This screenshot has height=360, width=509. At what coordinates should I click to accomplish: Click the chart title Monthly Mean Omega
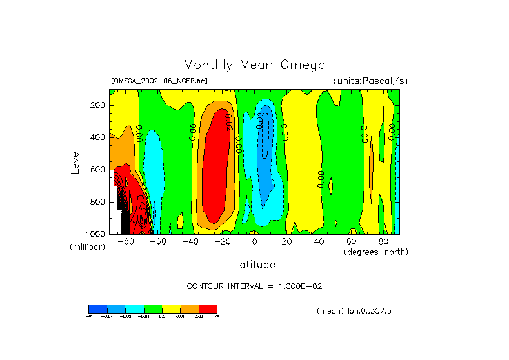[x=254, y=65]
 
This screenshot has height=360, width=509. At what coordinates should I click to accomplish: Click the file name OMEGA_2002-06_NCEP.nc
[x=159, y=81]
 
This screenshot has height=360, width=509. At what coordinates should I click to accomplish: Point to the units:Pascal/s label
[x=370, y=81]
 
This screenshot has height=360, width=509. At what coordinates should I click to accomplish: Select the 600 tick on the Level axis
[x=98, y=170]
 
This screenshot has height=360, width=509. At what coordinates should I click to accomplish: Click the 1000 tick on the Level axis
[x=96, y=234]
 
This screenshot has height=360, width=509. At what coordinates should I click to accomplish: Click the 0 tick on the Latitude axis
[x=254, y=242]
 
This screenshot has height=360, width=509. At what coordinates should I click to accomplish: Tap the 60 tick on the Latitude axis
[x=351, y=242]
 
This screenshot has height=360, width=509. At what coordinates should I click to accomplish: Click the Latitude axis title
[x=254, y=265]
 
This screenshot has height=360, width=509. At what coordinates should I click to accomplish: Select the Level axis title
[x=76, y=161]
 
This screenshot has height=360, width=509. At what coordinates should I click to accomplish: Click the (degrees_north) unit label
[x=376, y=252]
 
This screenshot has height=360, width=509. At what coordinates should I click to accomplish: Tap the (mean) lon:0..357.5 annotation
[x=354, y=311]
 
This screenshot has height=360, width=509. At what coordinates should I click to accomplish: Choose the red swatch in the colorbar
[x=208, y=308]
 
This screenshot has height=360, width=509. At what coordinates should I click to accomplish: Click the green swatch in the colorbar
[x=152, y=308]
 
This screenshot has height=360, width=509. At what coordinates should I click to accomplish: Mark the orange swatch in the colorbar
[x=189, y=308]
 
